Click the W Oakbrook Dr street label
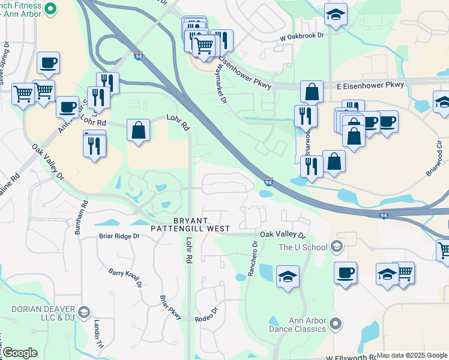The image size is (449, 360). point(302,36)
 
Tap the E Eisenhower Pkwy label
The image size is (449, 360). point(366,85)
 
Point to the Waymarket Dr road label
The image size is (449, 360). point(220,83)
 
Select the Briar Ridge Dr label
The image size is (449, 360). point(119,236)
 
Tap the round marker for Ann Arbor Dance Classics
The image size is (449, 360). point(336,325)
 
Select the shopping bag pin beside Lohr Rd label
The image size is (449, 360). point(138,130)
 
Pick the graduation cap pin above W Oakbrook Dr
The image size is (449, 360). point(336,15)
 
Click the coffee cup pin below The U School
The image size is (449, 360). point(345,272)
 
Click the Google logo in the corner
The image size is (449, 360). point(20,353)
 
